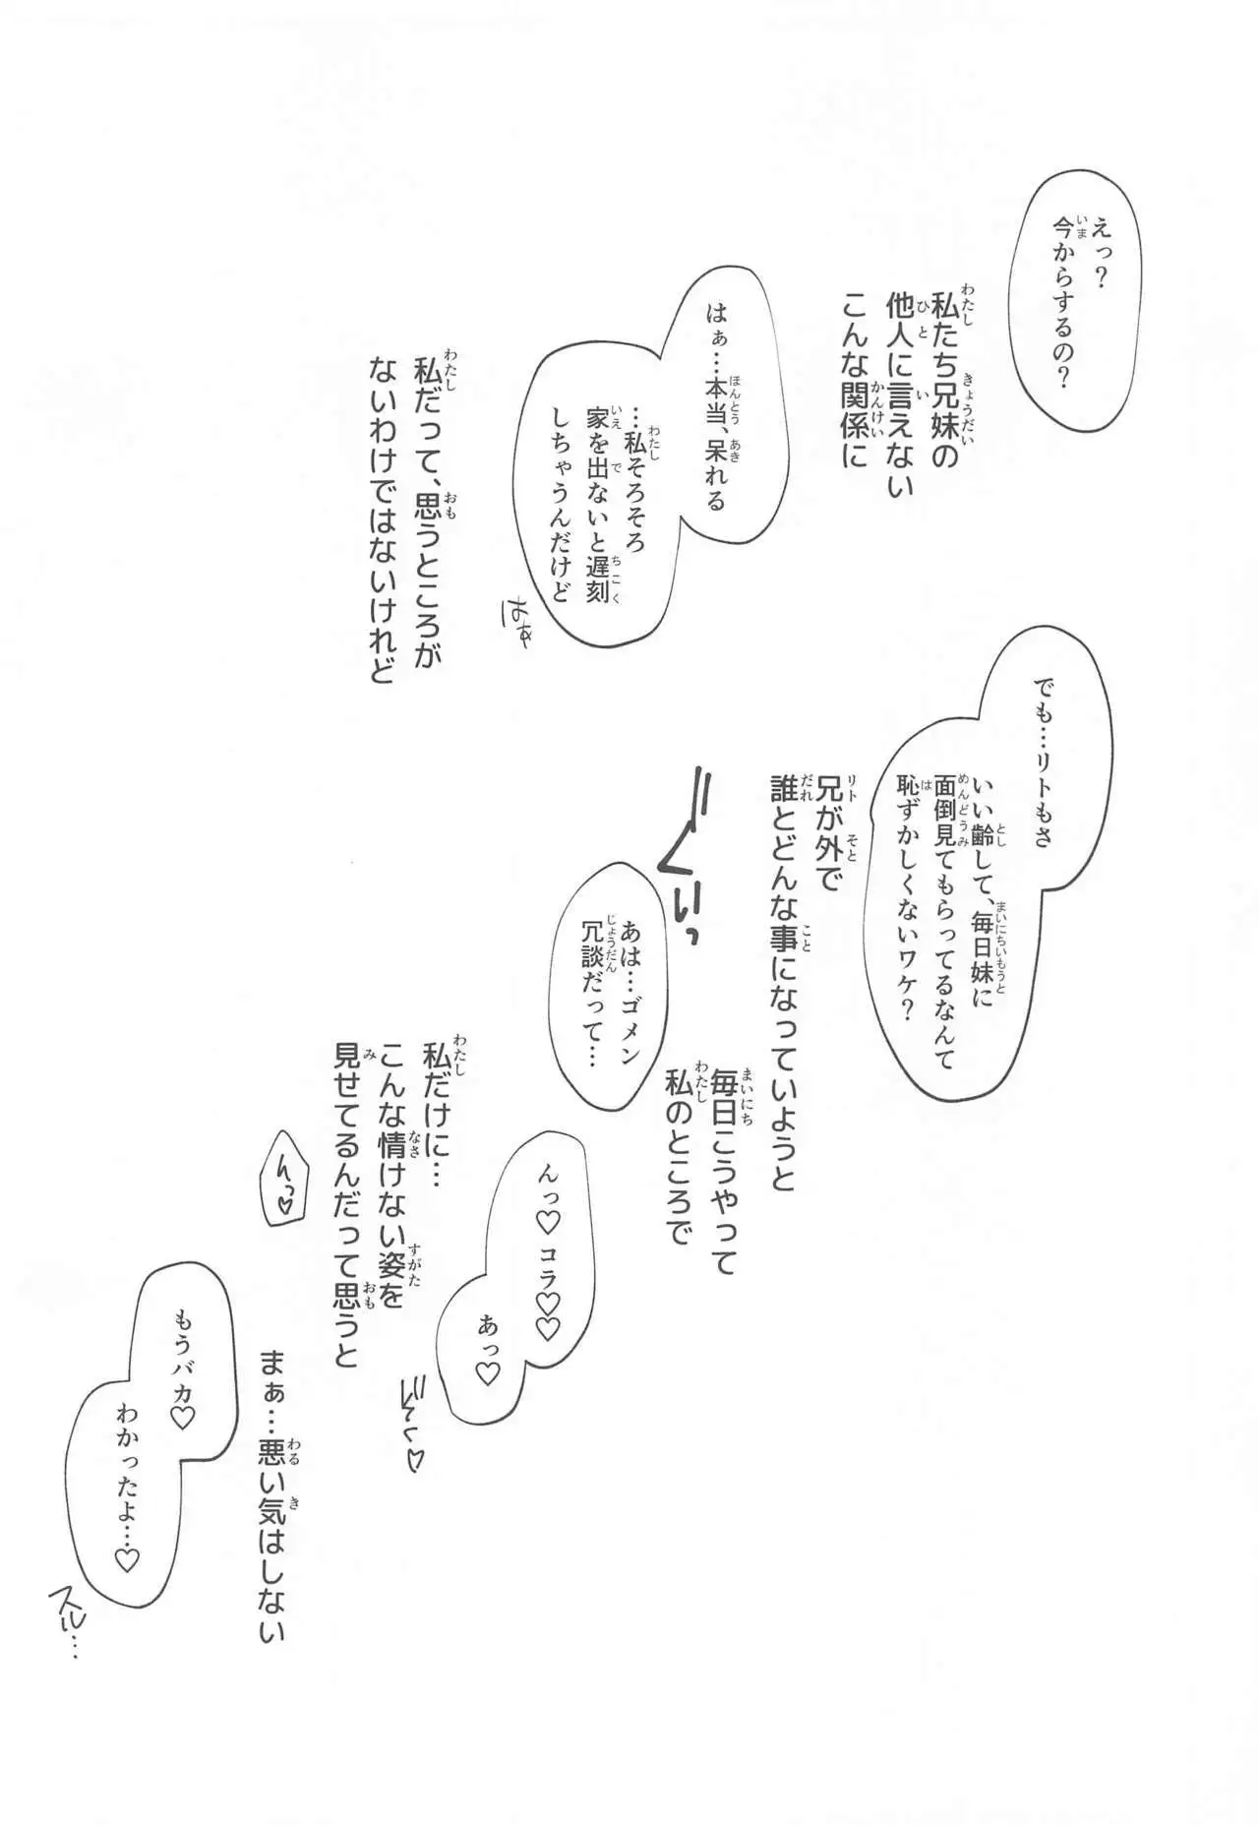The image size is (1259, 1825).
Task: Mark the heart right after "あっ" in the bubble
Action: (487, 1373)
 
